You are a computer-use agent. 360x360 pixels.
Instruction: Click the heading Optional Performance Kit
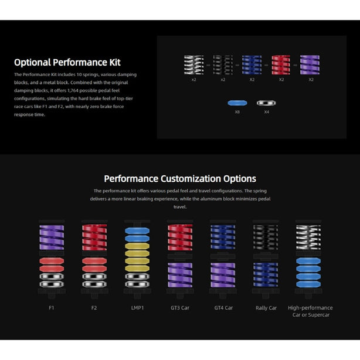click(67, 63)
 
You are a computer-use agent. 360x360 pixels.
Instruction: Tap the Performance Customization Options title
click(180, 179)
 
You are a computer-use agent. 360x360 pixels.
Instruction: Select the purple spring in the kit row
click(310, 64)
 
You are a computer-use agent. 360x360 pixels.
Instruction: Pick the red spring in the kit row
click(281, 64)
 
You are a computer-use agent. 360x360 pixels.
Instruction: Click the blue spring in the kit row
click(252, 64)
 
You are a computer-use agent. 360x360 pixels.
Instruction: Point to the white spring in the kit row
click(193, 64)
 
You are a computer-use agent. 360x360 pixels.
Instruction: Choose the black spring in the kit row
click(223, 64)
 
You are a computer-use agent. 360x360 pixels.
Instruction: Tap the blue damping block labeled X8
click(237, 103)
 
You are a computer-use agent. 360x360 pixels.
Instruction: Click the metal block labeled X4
click(266, 103)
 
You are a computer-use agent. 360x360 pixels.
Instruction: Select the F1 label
click(52, 308)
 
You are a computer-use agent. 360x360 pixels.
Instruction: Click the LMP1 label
click(137, 308)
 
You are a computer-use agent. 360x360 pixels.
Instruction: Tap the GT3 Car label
click(180, 308)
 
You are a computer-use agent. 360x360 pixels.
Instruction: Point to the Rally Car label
click(266, 308)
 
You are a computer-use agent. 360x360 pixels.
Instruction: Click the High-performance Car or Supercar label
click(310, 311)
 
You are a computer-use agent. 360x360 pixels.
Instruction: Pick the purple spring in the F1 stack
click(52, 237)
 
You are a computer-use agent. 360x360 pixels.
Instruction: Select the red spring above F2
click(94, 237)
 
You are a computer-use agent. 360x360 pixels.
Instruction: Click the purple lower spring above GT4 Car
click(223, 275)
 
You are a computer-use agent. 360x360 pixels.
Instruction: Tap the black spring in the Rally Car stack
click(266, 237)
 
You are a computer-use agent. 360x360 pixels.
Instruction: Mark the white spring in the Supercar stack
click(308, 237)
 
